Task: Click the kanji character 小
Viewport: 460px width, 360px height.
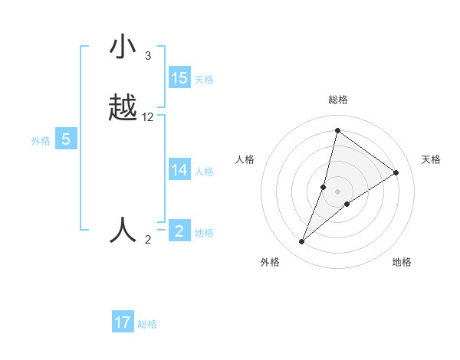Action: (123, 48)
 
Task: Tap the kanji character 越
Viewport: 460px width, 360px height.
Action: (123, 109)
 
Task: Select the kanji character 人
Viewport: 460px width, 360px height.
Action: (123, 230)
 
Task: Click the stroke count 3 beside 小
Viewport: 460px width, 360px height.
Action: (147, 56)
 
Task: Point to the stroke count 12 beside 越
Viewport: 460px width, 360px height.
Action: (148, 117)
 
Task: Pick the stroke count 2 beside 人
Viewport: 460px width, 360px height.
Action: (148, 240)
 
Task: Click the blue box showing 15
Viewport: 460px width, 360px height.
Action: (179, 78)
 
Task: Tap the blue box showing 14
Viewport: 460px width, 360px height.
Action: (179, 170)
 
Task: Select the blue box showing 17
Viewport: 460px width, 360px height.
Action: (123, 322)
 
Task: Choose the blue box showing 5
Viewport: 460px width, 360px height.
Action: (66, 139)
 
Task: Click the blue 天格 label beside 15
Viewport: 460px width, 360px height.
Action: (204, 80)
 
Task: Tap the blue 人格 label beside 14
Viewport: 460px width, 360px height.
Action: (204, 172)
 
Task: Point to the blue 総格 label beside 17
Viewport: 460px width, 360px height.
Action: (147, 324)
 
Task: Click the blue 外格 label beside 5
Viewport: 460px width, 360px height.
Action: (41, 141)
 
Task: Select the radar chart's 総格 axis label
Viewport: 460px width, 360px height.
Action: (338, 100)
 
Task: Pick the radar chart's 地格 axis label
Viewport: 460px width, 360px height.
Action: (402, 262)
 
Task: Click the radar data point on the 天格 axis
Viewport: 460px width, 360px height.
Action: (396, 172)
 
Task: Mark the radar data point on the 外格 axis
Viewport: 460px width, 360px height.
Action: (302, 242)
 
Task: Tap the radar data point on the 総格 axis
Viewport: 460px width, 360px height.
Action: (337, 131)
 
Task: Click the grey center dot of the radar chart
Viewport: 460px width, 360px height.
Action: (337, 191)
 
